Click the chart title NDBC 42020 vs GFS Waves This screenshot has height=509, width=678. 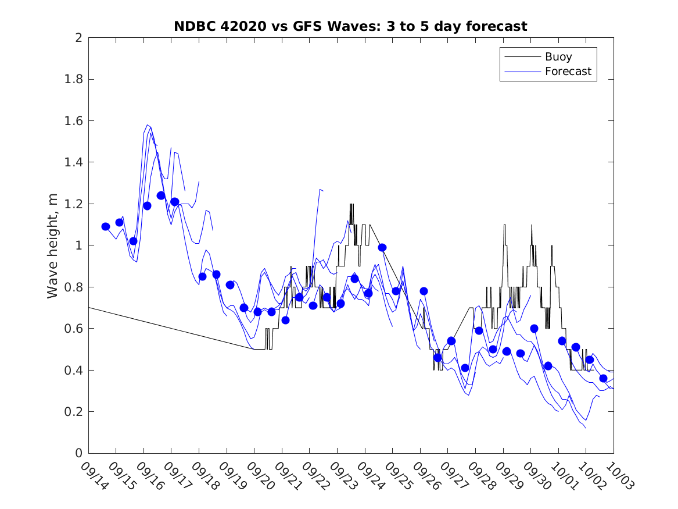coord(350,26)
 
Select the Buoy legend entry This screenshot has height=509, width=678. coord(558,57)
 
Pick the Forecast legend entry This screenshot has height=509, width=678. coord(568,72)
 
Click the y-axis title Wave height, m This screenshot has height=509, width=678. coord(53,245)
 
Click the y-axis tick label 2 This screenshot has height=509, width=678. coord(78,38)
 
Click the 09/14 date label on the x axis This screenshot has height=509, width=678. coord(94,475)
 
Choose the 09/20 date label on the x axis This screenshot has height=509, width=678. coord(260,475)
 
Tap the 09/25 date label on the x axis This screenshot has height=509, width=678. coord(399,475)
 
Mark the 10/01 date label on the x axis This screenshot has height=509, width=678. coord(564,475)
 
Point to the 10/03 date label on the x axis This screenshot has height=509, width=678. coord(619,475)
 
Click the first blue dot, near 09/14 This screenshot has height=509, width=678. coord(106,226)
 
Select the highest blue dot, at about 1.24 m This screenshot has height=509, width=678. coord(161,195)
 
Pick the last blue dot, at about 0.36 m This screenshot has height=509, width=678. coord(603,378)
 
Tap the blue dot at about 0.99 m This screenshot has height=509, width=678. coord(382,247)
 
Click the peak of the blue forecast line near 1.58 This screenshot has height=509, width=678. coord(148,124)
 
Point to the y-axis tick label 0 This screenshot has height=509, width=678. coord(78,453)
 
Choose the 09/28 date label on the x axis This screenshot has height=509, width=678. coord(481,475)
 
